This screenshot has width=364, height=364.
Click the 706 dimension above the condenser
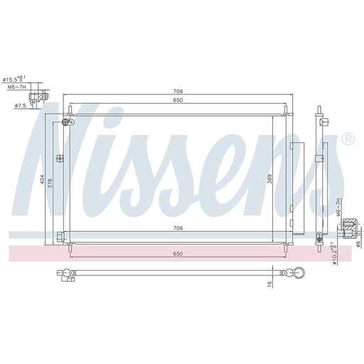[x=178, y=91]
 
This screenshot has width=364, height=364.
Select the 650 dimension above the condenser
[x=178, y=100]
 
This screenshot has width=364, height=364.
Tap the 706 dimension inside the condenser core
[x=178, y=228]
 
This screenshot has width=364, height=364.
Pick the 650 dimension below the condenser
[x=178, y=254]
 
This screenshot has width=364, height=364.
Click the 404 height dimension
[x=42, y=179]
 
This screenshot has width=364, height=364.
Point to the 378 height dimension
[x=50, y=183]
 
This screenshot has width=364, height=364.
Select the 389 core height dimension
[x=269, y=179]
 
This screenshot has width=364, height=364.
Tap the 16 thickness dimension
[x=269, y=283]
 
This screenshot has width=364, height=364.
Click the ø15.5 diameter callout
[x=14, y=79]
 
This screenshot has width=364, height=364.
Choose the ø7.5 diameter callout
[x=20, y=106]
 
